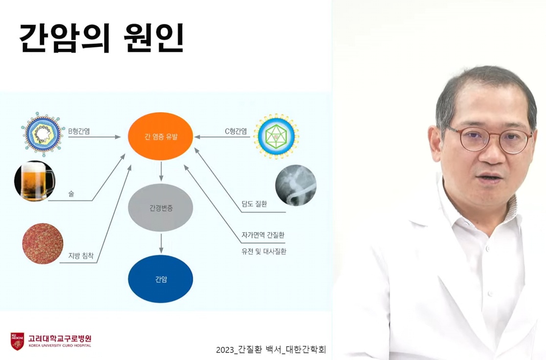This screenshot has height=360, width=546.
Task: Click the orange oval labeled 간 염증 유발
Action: tap(160, 136)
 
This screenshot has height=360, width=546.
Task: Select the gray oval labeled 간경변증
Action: tap(160, 208)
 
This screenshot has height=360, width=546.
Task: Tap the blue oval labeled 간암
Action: tap(160, 279)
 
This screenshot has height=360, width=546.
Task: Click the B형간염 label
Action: tap(79, 131)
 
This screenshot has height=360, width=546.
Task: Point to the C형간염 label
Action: tap(236, 131)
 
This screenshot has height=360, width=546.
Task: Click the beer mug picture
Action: tap(34, 181)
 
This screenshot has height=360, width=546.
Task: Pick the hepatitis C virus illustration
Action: tap(276, 136)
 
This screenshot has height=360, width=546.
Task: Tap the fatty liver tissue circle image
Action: tap(43, 243)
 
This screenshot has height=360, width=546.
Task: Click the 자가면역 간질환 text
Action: tap(263, 235)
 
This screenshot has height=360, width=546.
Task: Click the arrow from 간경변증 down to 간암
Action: tap(161, 242)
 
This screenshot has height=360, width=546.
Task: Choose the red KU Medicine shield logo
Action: tap(17, 341)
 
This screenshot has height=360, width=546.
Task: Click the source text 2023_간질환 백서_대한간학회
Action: tap(270, 349)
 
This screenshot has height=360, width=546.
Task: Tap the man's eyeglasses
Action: tap(489, 139)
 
